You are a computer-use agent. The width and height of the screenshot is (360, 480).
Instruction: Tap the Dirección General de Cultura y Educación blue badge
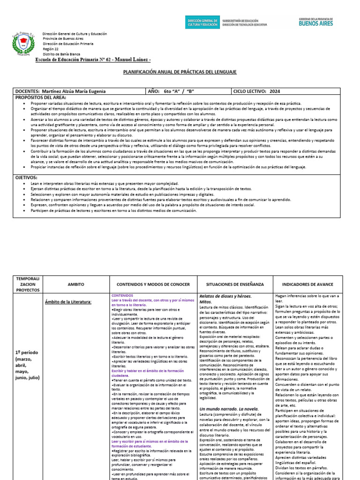202,22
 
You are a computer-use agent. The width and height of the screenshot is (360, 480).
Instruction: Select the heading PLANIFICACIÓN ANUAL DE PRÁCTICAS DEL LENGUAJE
180,72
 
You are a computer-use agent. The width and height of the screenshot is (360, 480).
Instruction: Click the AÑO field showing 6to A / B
178,91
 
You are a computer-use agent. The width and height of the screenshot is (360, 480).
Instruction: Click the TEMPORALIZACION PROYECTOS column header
29,284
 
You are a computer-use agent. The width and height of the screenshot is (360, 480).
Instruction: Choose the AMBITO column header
76,285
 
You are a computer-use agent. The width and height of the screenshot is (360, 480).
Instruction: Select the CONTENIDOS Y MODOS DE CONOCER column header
153,285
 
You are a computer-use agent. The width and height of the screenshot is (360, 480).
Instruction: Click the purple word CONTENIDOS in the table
123,296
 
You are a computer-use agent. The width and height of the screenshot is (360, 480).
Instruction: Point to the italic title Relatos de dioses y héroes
225,296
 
